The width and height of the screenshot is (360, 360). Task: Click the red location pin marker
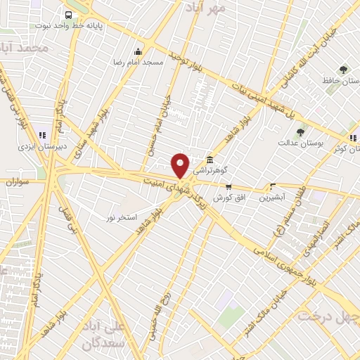coord(181,165)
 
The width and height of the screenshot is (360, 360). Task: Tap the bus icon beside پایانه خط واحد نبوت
coord(68,15)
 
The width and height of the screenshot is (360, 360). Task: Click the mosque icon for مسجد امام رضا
coord(138,51)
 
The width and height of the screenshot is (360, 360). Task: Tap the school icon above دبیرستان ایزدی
coord(42,134)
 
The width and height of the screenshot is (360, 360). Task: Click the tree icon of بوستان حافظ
coord(342,70)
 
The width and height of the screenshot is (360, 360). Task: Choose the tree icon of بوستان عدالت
coord(300,131)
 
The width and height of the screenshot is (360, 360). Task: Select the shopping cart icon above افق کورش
coord(229,186)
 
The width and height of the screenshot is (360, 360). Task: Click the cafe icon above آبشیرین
coord(273,186)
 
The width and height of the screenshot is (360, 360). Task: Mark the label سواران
coord(19,181)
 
